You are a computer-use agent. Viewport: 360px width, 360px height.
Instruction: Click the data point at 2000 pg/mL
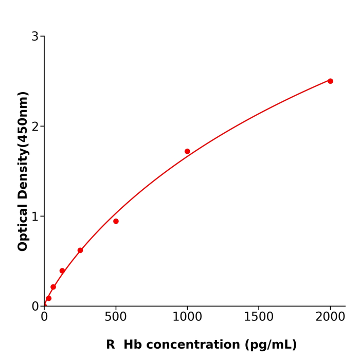click(330, 81)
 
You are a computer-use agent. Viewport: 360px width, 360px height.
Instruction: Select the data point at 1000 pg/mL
click(187, 151)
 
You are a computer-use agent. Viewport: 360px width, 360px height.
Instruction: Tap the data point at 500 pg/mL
click(116, 221)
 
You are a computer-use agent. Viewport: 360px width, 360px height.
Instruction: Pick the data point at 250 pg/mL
click(80, 250)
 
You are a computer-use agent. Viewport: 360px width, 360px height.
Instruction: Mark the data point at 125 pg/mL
click(62, 271)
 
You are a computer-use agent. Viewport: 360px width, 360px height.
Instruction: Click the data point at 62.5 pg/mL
click(53, 287)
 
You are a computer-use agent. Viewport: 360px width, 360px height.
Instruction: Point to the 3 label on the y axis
click(35, 37)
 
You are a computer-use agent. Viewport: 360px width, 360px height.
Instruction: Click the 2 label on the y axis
click(35, 127)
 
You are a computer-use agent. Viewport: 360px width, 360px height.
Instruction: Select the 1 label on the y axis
click(35, 217)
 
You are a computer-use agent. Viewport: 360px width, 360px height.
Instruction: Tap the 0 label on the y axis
click(35, 306)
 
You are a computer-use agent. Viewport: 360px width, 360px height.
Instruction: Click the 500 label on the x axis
click(116, 317)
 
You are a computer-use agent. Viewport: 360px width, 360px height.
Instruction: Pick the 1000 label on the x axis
click(187, 317)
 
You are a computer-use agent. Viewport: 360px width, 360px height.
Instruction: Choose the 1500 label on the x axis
click(259, 317)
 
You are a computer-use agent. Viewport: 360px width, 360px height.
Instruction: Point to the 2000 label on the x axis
click(330, 317)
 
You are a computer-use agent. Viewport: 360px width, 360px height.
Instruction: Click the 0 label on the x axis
click(44, 317)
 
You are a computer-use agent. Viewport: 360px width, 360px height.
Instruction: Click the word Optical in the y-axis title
click(23, 227)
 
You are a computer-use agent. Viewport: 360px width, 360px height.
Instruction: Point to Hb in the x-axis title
click(132, 345)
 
